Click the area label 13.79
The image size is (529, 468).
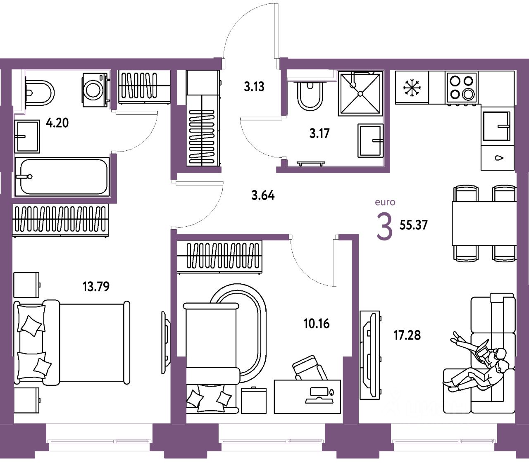pos(96,286)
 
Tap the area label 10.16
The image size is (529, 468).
pos(317,323)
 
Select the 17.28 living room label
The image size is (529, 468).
pos(407,335)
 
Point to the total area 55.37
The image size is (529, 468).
pos(413,225)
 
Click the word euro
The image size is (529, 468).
pos(385,202)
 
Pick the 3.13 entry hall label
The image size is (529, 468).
pos(254,87)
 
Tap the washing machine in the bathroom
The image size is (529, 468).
pos(95,90)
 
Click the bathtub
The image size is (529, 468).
pos(62,177)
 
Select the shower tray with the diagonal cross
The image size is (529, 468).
pos(360,94)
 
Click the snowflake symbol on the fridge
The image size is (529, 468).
pos(412,88)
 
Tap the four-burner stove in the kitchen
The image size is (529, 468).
pos(462,87)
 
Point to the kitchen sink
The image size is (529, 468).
pos(496,126)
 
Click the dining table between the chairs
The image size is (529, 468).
pos(484,223)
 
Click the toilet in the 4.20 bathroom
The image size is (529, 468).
pos(39,92)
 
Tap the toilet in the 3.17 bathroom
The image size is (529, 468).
pos(310,96)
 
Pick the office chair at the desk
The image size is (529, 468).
pos(310,368)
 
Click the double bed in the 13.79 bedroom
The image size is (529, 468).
pos(72,343)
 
